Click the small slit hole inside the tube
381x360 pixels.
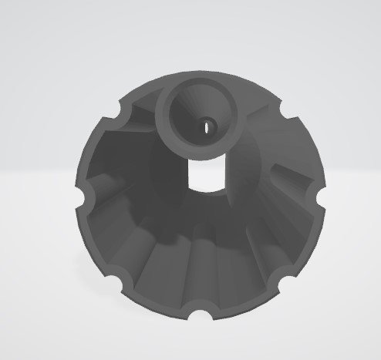[x=207, y=125]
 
